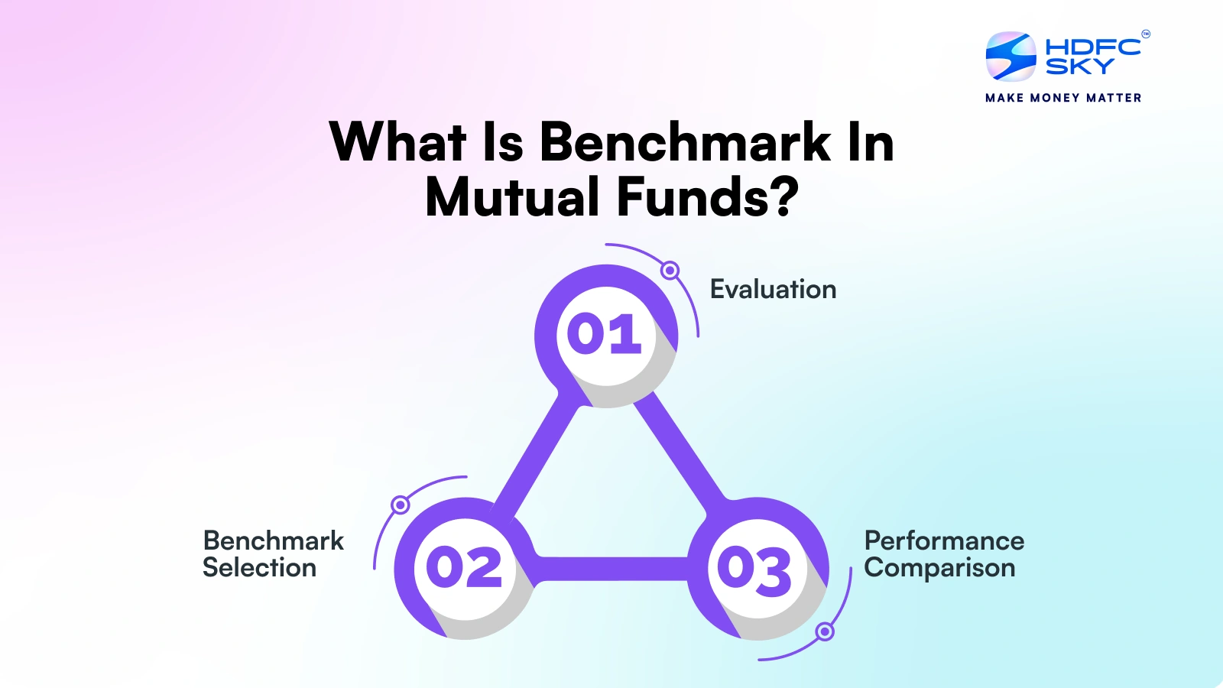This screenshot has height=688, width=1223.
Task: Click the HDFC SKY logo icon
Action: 1011,57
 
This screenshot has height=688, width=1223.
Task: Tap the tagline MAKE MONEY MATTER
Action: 1063,98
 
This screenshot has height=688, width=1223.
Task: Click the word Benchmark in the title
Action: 685,142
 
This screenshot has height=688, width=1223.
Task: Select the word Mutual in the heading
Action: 512,197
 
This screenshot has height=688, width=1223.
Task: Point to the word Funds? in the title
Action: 707,197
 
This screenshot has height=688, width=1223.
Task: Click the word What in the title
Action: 397,142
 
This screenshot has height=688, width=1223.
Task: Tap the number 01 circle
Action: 605,335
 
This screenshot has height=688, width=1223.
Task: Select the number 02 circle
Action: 464,567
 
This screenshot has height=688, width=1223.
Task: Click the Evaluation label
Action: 773,290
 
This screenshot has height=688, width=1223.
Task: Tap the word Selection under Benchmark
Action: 259,568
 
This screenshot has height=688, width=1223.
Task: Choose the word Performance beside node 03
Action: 944,540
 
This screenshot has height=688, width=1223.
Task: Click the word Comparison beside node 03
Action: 939,568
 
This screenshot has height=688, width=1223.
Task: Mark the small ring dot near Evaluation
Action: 670,270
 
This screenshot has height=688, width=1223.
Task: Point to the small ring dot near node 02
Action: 400,505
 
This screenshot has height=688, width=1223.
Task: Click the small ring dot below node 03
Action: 825,632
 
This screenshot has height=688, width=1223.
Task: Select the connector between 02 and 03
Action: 611,569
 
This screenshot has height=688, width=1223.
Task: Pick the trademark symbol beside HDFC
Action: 1145,34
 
